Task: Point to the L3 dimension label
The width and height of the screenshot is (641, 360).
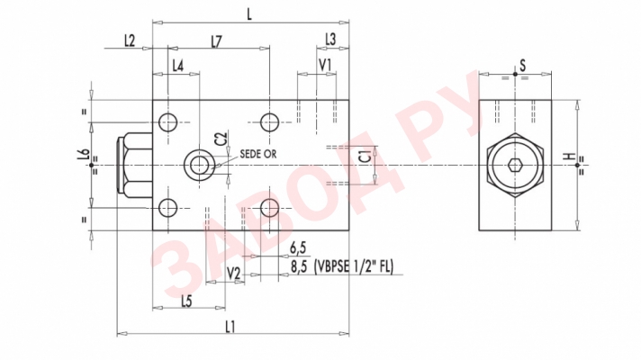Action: [330, 40]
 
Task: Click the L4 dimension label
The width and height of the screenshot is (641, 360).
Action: [177, 66]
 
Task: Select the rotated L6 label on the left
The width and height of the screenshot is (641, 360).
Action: [82, 155]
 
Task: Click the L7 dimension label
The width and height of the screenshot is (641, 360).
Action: [217, 40]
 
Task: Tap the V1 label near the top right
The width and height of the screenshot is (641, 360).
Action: [325, 65]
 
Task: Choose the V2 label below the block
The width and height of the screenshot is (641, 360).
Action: [233, 273]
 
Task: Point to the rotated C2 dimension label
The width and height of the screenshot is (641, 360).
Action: [221, 139]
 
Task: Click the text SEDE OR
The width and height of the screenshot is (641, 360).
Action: [258, 154]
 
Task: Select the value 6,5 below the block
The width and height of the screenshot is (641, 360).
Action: [299, 248]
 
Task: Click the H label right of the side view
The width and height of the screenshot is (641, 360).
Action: [568, 156]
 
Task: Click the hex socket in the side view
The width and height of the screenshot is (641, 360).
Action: [515, 166]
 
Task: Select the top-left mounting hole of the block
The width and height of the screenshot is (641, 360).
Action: [168, 122]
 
